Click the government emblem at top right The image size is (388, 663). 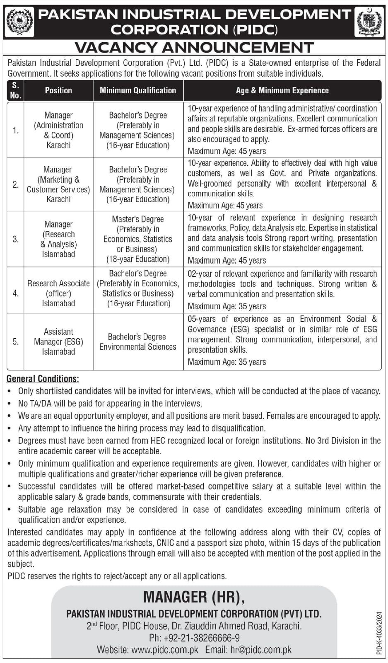click(x=369, y=22)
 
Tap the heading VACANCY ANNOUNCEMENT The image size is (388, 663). click(x=194, y=48)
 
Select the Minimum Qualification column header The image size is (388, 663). click(x=138, y=90)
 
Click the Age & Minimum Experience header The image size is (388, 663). click(x=282, y=90)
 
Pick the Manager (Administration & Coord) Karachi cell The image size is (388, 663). click(x=58, y=130)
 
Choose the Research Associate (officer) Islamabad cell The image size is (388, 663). click(x=58, y=293)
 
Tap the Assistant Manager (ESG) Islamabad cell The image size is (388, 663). click(x=58, y=341)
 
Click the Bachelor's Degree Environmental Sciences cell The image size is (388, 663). click(x=138, y=342)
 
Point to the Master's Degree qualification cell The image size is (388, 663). click(x=138, y=239)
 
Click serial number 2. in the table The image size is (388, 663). click(x=16, y=184)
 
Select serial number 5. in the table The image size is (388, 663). click(x=16, y=342)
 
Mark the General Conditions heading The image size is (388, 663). click(x=43, y=379)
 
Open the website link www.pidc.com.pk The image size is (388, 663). click(x=164, y=650)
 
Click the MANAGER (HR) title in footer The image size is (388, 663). click(x=194, y=597)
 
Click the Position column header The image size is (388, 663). click(x=58, y=90)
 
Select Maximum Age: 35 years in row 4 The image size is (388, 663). click(x=227, y=306)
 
